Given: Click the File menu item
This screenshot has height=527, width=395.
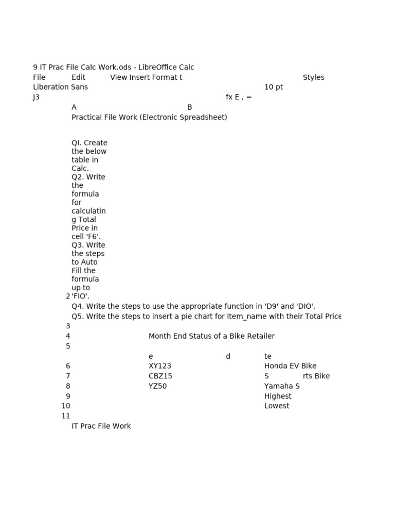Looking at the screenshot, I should click(39, 77).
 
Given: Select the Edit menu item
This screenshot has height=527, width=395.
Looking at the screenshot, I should click(78, 77).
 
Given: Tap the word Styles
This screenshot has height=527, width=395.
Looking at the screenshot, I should click(313, 77).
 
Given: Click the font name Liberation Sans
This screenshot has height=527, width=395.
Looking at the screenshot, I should click(60, 87).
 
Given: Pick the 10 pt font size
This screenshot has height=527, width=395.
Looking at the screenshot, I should click(273, 87).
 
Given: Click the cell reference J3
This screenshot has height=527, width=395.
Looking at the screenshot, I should click(36, 97).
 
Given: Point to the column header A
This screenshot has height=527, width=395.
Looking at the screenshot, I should click(74, 107).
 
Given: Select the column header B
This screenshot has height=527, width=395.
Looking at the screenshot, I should click(189, 107).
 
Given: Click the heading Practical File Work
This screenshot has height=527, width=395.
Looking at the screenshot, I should click(149, 117).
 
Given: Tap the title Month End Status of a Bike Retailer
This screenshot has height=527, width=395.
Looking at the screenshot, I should click(211, 336).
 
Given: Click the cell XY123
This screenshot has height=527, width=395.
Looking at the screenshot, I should click(160, 366).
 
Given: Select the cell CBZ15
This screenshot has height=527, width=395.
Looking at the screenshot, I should click(160, 376).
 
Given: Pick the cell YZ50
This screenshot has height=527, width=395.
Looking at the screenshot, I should click(157, 386).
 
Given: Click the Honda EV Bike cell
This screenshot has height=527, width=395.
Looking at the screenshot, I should click(290, 366).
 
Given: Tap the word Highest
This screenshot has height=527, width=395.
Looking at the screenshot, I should click(278, 396).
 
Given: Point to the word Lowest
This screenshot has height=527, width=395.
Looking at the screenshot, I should click(277, 406).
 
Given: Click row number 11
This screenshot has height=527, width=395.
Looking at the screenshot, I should click(65, 416).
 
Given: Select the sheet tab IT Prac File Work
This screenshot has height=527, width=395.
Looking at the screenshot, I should click(101, 426).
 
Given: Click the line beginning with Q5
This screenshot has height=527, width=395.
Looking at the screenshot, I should click(206, 317).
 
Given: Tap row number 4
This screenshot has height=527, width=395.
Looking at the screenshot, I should click(68, 336).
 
